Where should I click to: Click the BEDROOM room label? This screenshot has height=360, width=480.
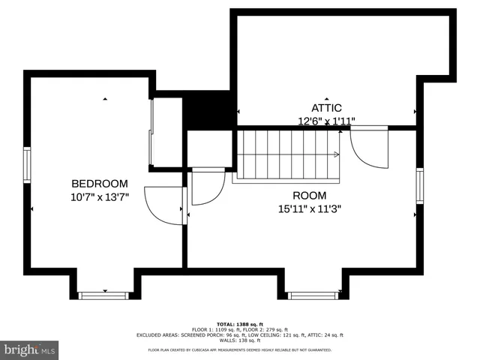click(x=100, y=184)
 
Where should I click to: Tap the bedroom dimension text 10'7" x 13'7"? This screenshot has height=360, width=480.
click(x=100, y=197)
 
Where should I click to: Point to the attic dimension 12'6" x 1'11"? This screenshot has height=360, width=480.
click(x=326, y=121)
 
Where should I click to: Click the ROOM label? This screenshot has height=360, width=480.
click(x=309, y=196)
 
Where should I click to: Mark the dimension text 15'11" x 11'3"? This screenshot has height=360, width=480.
click(x=309, y=209)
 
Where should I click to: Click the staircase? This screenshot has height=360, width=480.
click(x=286, y=154)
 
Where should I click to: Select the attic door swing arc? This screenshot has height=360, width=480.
click(x=369, y=148)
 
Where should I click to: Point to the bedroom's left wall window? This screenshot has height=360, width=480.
click(x=27, y=165)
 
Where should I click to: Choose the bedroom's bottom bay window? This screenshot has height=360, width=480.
click(x=104, y=295)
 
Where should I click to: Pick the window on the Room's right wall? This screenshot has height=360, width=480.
click(x=420, y=186)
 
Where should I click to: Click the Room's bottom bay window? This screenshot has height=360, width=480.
click(x=313, y=295)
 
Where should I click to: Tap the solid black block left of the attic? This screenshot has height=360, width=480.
click(x=209, y=111)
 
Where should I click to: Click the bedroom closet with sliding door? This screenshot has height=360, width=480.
click(x=167, y=132)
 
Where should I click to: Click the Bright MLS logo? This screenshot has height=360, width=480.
click(x=30, y=349)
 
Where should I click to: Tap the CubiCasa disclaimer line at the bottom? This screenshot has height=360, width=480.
click(x=239, y=349)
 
